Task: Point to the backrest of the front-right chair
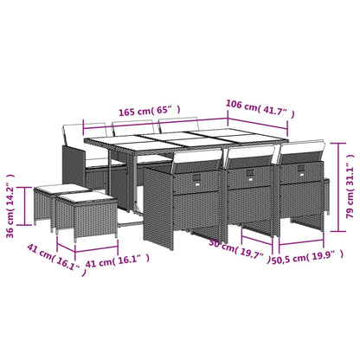click(x=301, y=153)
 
